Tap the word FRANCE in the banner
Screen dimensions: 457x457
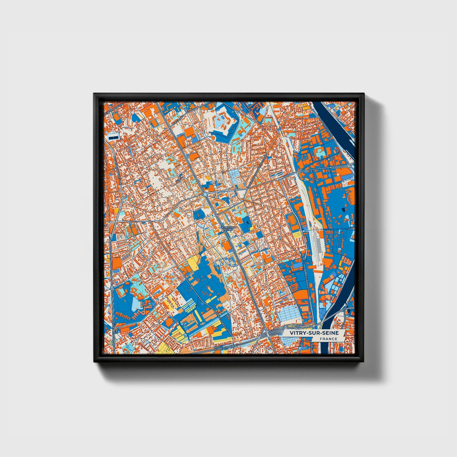(x=328, y=339)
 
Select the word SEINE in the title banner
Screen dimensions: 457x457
(x=329, y=333)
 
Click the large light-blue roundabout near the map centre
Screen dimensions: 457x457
(x=206, y=194)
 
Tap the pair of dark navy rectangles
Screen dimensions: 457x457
(x=112, y=138)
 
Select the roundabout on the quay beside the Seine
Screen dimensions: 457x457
(x=349, y=166)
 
